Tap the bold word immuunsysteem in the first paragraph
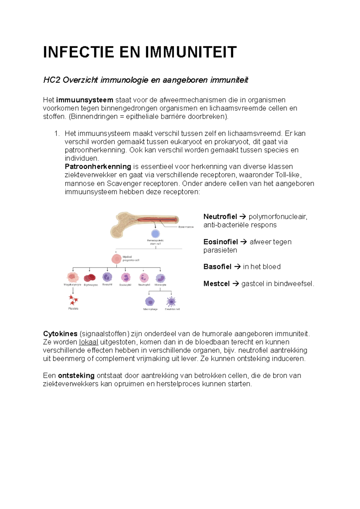84,100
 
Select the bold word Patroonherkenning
98,166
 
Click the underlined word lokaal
88,342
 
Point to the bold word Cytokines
60,334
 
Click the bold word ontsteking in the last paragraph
76,375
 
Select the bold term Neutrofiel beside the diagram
220,216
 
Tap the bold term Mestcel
216,284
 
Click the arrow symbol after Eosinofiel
244,242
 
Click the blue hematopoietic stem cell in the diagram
155,234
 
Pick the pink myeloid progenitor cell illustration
116,259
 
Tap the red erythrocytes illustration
90,278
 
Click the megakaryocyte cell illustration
73,277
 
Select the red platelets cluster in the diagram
73,300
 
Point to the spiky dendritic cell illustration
171,301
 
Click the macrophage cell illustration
150,301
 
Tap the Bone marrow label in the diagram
186,227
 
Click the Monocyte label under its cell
160,285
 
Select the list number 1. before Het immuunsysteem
57,133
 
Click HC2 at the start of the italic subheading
52,80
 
